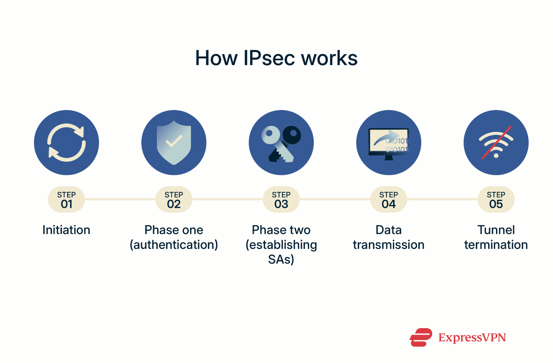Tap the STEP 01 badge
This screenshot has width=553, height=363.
click(x=66, y=200)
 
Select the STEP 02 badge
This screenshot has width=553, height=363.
click(x=174, y=200)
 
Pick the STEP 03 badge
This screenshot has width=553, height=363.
click(x=281, y=200)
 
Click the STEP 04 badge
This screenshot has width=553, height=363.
click(x=388, y=200)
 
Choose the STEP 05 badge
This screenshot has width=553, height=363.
click(x=496, y=200)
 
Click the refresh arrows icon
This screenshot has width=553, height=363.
click(x=66, y=143)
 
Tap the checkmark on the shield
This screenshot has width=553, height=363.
click(x=174, y=141)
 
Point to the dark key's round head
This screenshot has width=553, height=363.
click(x=292, y=135)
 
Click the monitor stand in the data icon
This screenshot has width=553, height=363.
click(x=389, y=158)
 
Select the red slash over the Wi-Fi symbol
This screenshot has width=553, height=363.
click(x=496, y=143)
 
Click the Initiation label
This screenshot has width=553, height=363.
click(x=66, y=230)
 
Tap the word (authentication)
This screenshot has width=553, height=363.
click(x=174, y=245)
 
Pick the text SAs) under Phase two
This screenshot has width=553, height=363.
click(x=281, y=259)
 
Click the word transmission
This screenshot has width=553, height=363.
click(x=388, y=245)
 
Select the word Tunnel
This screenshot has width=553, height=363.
click(x=496, y=230)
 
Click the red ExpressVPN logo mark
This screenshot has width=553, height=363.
click(x=421, y=337)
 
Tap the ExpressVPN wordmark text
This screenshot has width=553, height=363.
click(x=472, y=338)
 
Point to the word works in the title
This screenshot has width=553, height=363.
click(x=329, y=58)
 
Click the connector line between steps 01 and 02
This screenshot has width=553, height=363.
click(x=120, y=199)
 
